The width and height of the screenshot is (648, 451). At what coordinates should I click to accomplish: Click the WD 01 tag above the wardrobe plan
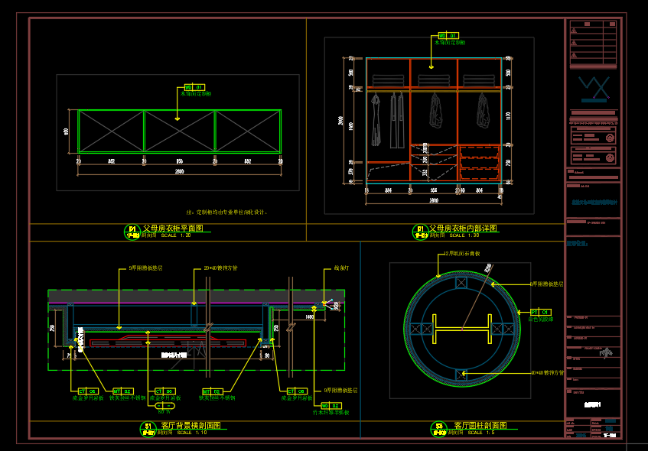[x=195, y=88]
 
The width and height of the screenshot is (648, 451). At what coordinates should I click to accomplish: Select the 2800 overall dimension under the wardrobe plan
[x=179, y=172]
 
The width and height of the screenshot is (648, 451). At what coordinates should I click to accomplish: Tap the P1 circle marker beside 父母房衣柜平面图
[x=132, y=229]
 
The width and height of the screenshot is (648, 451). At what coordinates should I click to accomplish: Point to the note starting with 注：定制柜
[x=226, y=212]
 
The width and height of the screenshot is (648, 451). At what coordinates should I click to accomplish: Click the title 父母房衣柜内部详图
[x=463, y=228]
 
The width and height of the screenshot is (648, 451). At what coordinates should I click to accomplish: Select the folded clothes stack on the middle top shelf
[x=434, y=80]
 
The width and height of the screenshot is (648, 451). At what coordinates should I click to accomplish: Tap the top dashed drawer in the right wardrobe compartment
[x=479, y=150]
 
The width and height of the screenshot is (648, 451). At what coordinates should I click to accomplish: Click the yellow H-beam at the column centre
[x=461, y=330]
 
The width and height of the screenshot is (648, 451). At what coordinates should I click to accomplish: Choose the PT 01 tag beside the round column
[x=540, y=312]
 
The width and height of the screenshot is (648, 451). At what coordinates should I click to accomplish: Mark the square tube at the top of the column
[x=461, y=282]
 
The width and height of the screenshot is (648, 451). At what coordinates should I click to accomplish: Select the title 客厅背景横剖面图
[x=190, y=425]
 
